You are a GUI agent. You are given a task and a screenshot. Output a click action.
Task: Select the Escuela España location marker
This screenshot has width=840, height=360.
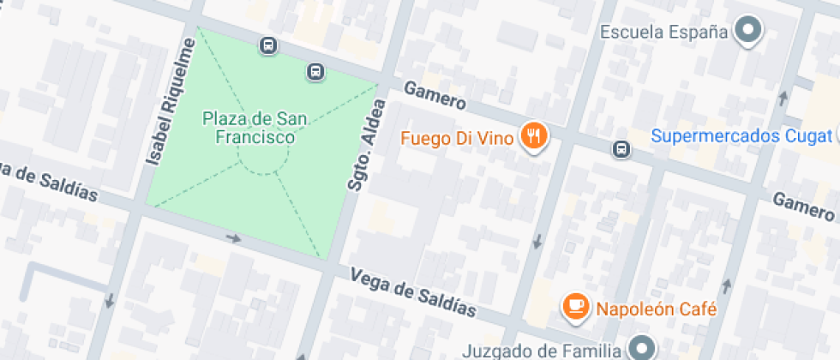pos(750,32)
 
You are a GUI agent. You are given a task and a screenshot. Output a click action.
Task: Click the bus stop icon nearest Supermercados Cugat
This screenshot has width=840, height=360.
pos(621,150)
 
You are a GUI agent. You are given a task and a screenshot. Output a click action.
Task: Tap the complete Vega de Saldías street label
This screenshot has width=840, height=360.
pos(413,291)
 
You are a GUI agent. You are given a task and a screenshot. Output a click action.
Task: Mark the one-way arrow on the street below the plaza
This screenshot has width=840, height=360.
pos(233,237)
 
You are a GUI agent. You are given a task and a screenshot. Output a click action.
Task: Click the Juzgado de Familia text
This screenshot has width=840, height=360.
pos(541,350)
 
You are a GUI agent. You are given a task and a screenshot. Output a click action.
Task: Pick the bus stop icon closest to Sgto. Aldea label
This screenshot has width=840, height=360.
pos(315,71)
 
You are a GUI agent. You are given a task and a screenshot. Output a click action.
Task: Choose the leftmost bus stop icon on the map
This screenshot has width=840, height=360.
pos(268,45)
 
